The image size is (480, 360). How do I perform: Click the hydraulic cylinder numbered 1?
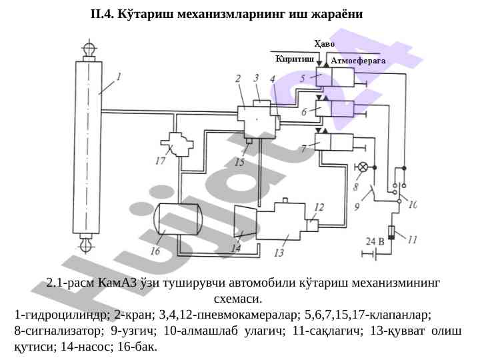pyautogui.click(x=87, y=147)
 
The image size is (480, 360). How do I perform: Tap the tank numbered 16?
pyautogui.click(x=177, y=220)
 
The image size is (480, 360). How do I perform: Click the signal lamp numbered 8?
pyautogui.click(x=364, y=166)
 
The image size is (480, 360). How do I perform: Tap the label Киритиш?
pyautogui.click(x=295, y=59)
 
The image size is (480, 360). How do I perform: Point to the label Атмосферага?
pyautogui.click(x=358, y=60)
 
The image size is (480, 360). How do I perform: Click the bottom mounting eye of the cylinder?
pyautogui.click(x=87, y=245)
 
